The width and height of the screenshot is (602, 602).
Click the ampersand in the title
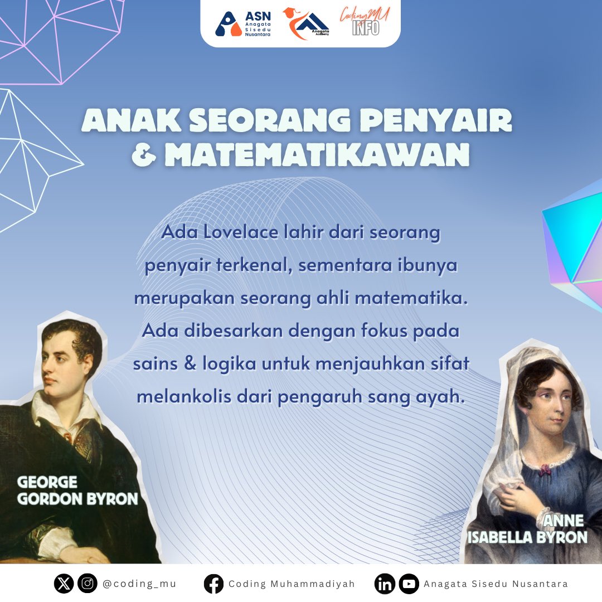(144, 156)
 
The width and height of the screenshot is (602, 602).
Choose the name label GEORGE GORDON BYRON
(77, 491)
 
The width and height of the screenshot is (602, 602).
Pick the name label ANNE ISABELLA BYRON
(527, 529)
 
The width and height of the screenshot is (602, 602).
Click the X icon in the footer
(64, 584)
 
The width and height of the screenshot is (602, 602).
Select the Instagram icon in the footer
(88, 584)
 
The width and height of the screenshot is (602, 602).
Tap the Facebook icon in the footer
(213, 584)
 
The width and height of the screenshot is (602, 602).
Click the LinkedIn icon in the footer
(385, 584)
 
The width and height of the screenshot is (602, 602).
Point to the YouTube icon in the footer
(409, 584)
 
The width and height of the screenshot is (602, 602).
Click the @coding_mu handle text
(139, 584)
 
